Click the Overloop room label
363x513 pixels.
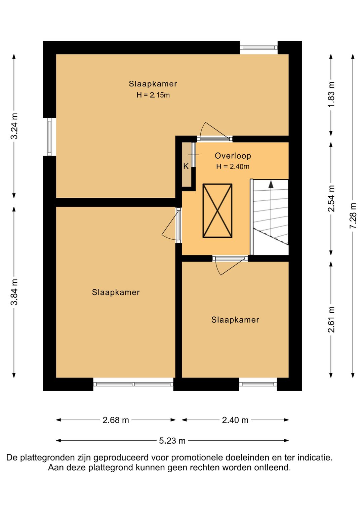233,156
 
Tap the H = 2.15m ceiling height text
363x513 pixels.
153,95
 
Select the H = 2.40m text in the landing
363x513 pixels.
233,166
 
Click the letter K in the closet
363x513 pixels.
186,166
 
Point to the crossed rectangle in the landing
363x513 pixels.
217,210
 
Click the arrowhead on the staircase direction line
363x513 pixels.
271,184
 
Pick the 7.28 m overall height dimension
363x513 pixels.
353,215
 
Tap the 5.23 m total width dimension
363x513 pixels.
172,440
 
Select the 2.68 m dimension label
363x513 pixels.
116,420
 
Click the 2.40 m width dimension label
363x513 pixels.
235,420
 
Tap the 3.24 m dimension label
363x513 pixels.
14,126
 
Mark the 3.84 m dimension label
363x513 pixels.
14,292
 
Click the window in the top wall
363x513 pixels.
258,47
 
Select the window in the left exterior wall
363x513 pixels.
49,137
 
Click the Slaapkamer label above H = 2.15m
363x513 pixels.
153,84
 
